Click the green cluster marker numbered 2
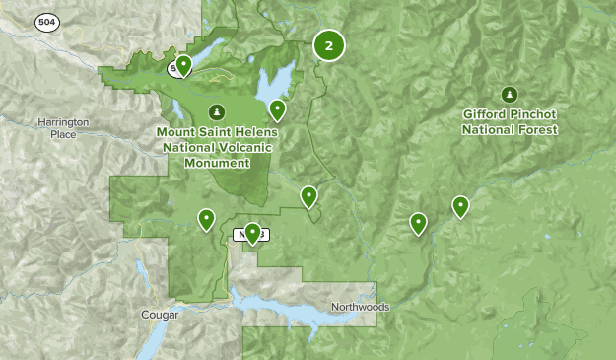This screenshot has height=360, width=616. click(x=329, y=44)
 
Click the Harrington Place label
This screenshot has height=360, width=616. click(x=63, y=127)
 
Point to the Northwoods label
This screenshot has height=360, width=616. click(x=360, y=307)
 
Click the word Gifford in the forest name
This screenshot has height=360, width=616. click(x=486, y=115)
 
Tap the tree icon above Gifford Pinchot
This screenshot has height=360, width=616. click(x=510, y=95)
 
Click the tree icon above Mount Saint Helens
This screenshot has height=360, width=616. click(x=216, y=110)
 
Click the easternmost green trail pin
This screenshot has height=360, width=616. click(x=460, y=206)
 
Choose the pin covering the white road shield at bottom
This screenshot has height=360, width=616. click(x=253, y=232)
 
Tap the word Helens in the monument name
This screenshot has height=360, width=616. click(x=256, y=132)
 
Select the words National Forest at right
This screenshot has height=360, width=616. click(x=510, y=129)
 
